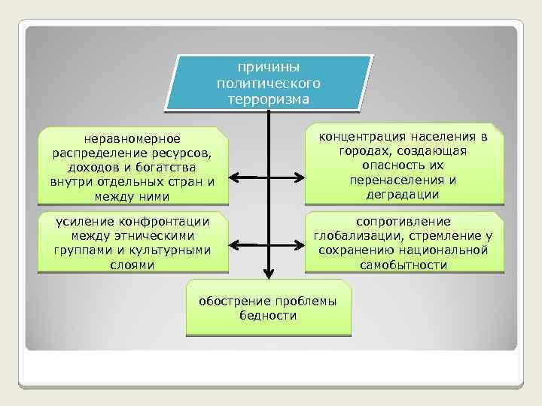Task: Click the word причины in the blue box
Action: pyautogui.click(x=268, y=68)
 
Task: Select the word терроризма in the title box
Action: pyautogui.click(x=268, y=98)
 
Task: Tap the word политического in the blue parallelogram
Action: pyautogui.click(x=268, y=83)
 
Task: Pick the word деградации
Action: pyautogui.click(x=403, y=194)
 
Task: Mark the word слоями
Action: pyautogui.click(x=132, y=265)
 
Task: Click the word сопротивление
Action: pyautogui.click(x=403, y=221)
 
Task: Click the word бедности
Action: pyautogui.click(x=268, y=316)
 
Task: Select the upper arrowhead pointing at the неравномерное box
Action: pyautogui.click(x=234, y=178)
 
